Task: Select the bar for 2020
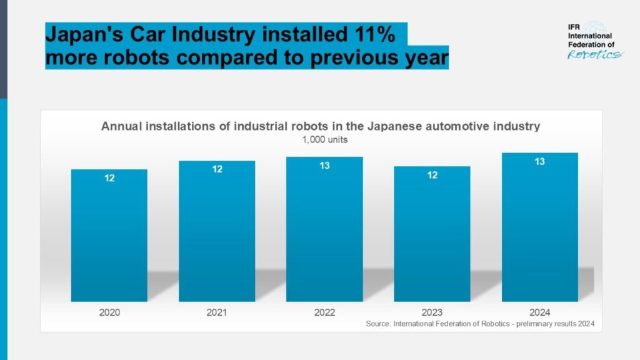point(109,237)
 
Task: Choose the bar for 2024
point(539,228)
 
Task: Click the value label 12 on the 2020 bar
point(109,178)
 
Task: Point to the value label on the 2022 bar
point(324,166)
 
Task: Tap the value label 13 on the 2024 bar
point(539,162)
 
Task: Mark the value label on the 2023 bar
point(432,176)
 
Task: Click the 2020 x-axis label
point(109,312)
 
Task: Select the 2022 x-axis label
point(324,312)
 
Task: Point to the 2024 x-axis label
point(539,312)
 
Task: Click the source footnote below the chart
point(479,324)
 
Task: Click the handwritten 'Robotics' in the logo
point(594,54)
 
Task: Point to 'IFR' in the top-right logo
point(574,28)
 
